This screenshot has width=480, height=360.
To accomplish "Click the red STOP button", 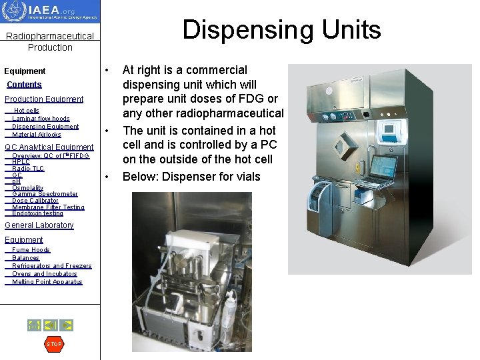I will (x=53, y=344).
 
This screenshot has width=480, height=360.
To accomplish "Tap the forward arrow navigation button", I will (x=67, y=325).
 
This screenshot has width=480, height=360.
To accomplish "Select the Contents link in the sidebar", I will (x=24, y=85).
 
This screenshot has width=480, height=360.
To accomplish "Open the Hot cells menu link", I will (x=27, y=111).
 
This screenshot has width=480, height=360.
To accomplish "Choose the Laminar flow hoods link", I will (x=41, y=119).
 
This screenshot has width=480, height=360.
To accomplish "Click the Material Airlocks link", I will (x=37, y=135).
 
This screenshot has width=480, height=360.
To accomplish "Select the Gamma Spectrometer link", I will (x=45, y=194).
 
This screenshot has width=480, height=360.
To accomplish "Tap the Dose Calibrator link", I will (x=35, y=201).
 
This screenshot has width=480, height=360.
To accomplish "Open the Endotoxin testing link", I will (x=37, y=214).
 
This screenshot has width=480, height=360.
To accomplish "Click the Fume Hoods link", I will (x=31, y=250).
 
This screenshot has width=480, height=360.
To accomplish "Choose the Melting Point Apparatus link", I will (x=47, y=282).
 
